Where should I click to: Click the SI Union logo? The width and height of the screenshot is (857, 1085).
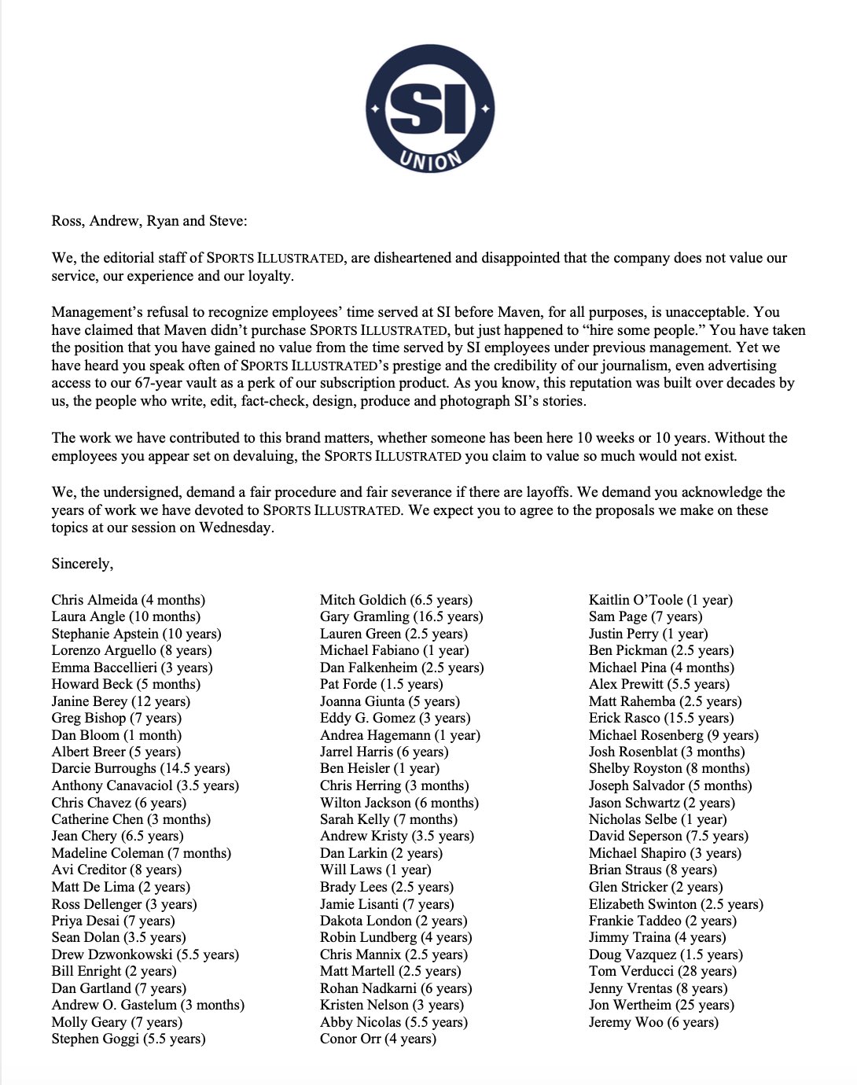coord(430,108)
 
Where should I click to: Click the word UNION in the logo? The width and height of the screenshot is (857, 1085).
coord(430,160)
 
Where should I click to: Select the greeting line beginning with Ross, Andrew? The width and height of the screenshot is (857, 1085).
coord(149,221)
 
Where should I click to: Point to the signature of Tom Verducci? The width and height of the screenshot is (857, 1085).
coord(662,971)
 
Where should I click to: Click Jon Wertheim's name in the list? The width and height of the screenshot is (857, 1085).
coord(661,1005)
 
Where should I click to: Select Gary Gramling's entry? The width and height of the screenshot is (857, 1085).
coord(401,616)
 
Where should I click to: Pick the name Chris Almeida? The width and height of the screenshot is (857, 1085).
coord(128,600)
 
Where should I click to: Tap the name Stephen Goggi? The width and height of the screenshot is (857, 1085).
coord(128,1039)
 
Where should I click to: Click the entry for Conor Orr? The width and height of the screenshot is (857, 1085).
coord(377,1039)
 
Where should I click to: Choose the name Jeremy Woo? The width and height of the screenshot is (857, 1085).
coord(653,1022)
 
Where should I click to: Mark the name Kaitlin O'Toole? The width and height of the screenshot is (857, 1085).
coord(660,600)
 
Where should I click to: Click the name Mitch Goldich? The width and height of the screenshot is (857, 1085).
coord(396,600)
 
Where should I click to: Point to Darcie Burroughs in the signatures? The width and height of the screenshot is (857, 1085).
coord(141,768)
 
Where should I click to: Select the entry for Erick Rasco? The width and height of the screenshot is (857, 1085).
coord(661,718)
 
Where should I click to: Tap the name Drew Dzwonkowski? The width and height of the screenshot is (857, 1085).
coord(145,954)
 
